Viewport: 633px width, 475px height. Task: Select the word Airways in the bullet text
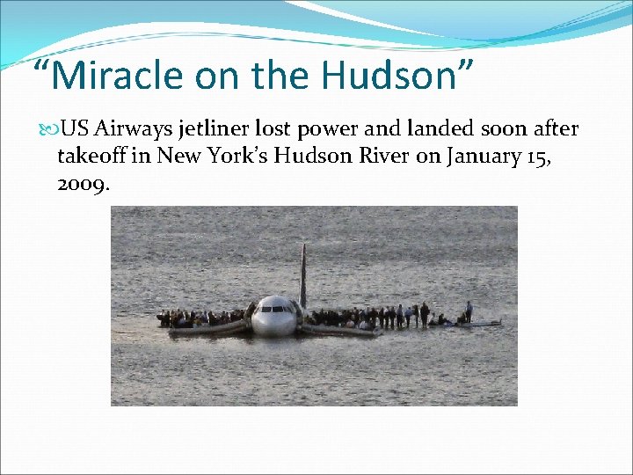pyautogui.click(x=134, y=130)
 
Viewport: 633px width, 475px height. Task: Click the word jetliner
pyautogui.click(x=214, y=130)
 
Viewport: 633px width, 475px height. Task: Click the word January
pyautogui.click(x=482, y=158)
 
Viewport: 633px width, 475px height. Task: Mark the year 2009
pyautogui.click(x=82, y=186)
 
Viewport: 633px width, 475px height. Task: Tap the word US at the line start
pyautogui.click(x=75, y=130)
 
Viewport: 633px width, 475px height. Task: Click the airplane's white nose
pyautogui.click(x=273, y=324)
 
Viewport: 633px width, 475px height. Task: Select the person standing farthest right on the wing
pyautogui.click(x=469, y=311)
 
